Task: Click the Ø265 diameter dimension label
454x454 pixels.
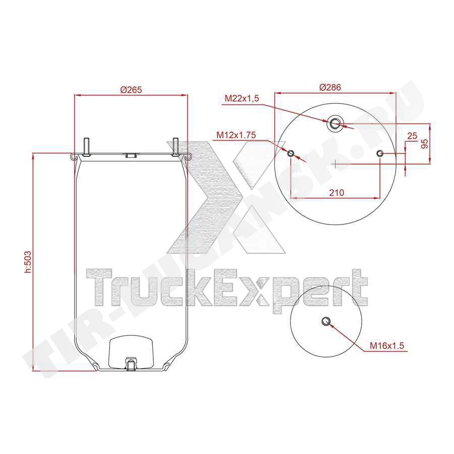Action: [131, 90]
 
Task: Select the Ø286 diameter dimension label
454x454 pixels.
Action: [330, 87]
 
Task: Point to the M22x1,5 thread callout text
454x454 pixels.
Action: [242, 99]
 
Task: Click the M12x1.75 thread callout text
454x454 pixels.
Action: [236, 135]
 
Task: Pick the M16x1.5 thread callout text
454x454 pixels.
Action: [387, 346]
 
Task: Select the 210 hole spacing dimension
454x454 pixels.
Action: [336, 193]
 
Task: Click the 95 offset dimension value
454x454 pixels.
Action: [424, 144]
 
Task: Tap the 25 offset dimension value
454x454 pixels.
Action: [412, 136]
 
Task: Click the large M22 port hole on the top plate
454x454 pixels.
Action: [335, 124]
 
